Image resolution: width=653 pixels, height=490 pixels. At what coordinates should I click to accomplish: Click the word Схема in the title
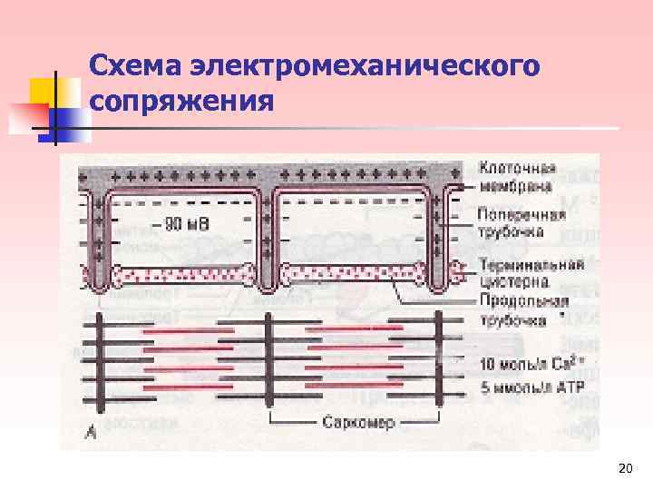136,66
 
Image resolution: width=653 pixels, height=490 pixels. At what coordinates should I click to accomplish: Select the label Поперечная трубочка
521,222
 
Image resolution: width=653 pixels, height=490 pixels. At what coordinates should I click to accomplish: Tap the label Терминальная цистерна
531,272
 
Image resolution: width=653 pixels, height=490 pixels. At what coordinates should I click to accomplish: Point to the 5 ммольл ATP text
531,388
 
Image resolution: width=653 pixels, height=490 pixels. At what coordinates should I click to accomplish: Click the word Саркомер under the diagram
358,423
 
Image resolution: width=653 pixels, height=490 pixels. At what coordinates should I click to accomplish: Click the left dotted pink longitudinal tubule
181,273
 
